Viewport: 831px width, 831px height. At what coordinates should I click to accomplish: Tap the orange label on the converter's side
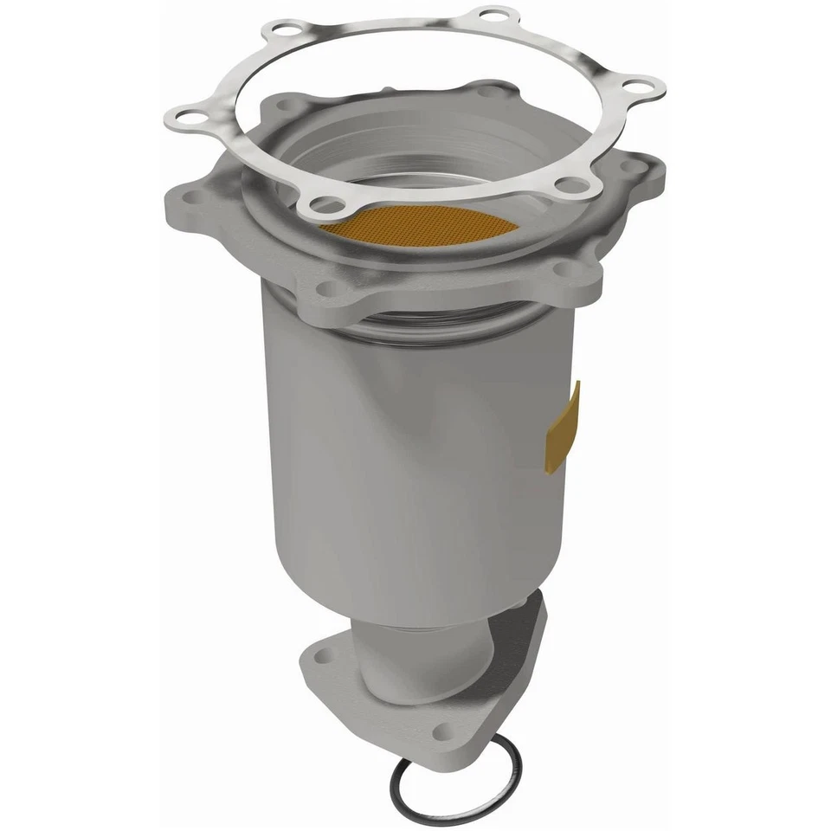564,428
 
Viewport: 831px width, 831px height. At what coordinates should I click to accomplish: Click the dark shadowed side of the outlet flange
519,658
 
